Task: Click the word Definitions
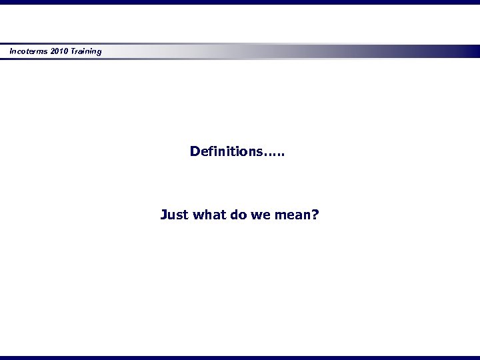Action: click(226, 151)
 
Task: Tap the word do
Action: click(241, 215)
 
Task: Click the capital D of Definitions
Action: click(195, 151)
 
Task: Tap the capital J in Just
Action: click(164, 215)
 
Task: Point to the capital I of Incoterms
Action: click(11, 51)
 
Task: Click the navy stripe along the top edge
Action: click(240, 2)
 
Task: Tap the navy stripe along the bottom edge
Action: click(240, 357)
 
